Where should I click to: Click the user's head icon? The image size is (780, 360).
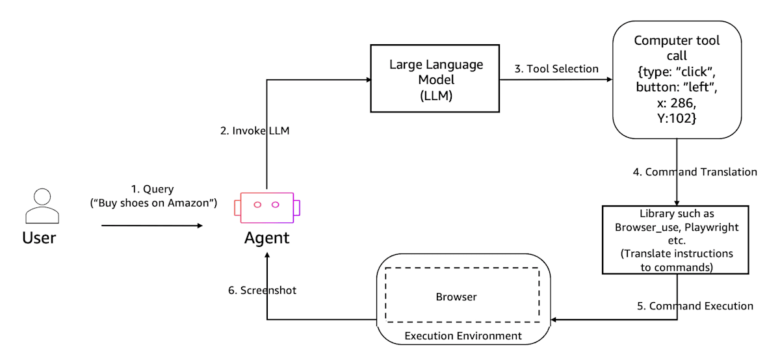pyautogui.click(x=42, y=197)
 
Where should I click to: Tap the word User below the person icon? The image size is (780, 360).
pyautogui.click(x=39, y=238)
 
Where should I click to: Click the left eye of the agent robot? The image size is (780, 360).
pyautogui.click(x=257, y=205)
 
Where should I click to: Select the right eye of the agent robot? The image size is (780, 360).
pyautogui.click(x=276, y=205)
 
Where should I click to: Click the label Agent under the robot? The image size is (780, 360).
pyautogui.click(x=266, y=238)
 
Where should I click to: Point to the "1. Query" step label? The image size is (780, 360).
pyautogui.click(x=153, y=189)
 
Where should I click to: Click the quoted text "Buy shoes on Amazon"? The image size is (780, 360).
pyautogui.click(x=153, y=203)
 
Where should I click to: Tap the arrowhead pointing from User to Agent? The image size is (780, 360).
pyautogui.click(x=200, y=225)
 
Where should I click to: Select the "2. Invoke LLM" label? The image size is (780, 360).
pyautogui.click(x=255, y=131)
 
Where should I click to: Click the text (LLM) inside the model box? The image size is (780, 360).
pyautogui.click(x=436, y=95)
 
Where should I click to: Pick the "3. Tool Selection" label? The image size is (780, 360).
pyautogui.click(x=556, y=69)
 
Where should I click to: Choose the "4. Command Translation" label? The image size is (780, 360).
pyautogui.click(x=695, y=172)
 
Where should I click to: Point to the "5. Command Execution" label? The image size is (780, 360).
pyautogui.click(x=695, y=305)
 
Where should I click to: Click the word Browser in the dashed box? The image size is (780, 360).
pyautogui.click(x=456, y=296)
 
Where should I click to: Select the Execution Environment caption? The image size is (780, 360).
pyautogui.click(x=463, y=335)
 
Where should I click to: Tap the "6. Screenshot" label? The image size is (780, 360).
pyautogui.click(x=262, y=290)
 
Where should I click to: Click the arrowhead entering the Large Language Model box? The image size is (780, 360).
pyautogui.click(x=369, y=80)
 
